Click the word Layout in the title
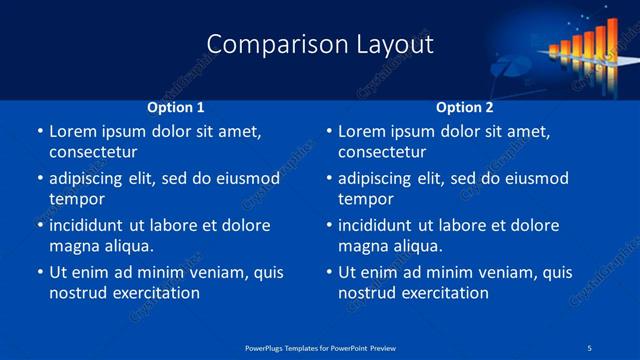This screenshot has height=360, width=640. click(395, 44)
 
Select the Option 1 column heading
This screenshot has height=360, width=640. click(176, 107)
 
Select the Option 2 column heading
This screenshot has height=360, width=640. click(465, 107)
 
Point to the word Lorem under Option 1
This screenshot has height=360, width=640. click(74, 131)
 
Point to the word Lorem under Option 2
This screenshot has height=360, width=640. click(363, 131)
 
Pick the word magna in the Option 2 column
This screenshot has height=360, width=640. click(362, 246)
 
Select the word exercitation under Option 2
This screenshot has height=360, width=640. click(440, 293)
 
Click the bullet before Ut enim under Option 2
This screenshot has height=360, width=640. click(328, 272)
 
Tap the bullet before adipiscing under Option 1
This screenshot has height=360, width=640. click(39, 178)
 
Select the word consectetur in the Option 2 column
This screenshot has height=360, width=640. click(382, 152)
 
